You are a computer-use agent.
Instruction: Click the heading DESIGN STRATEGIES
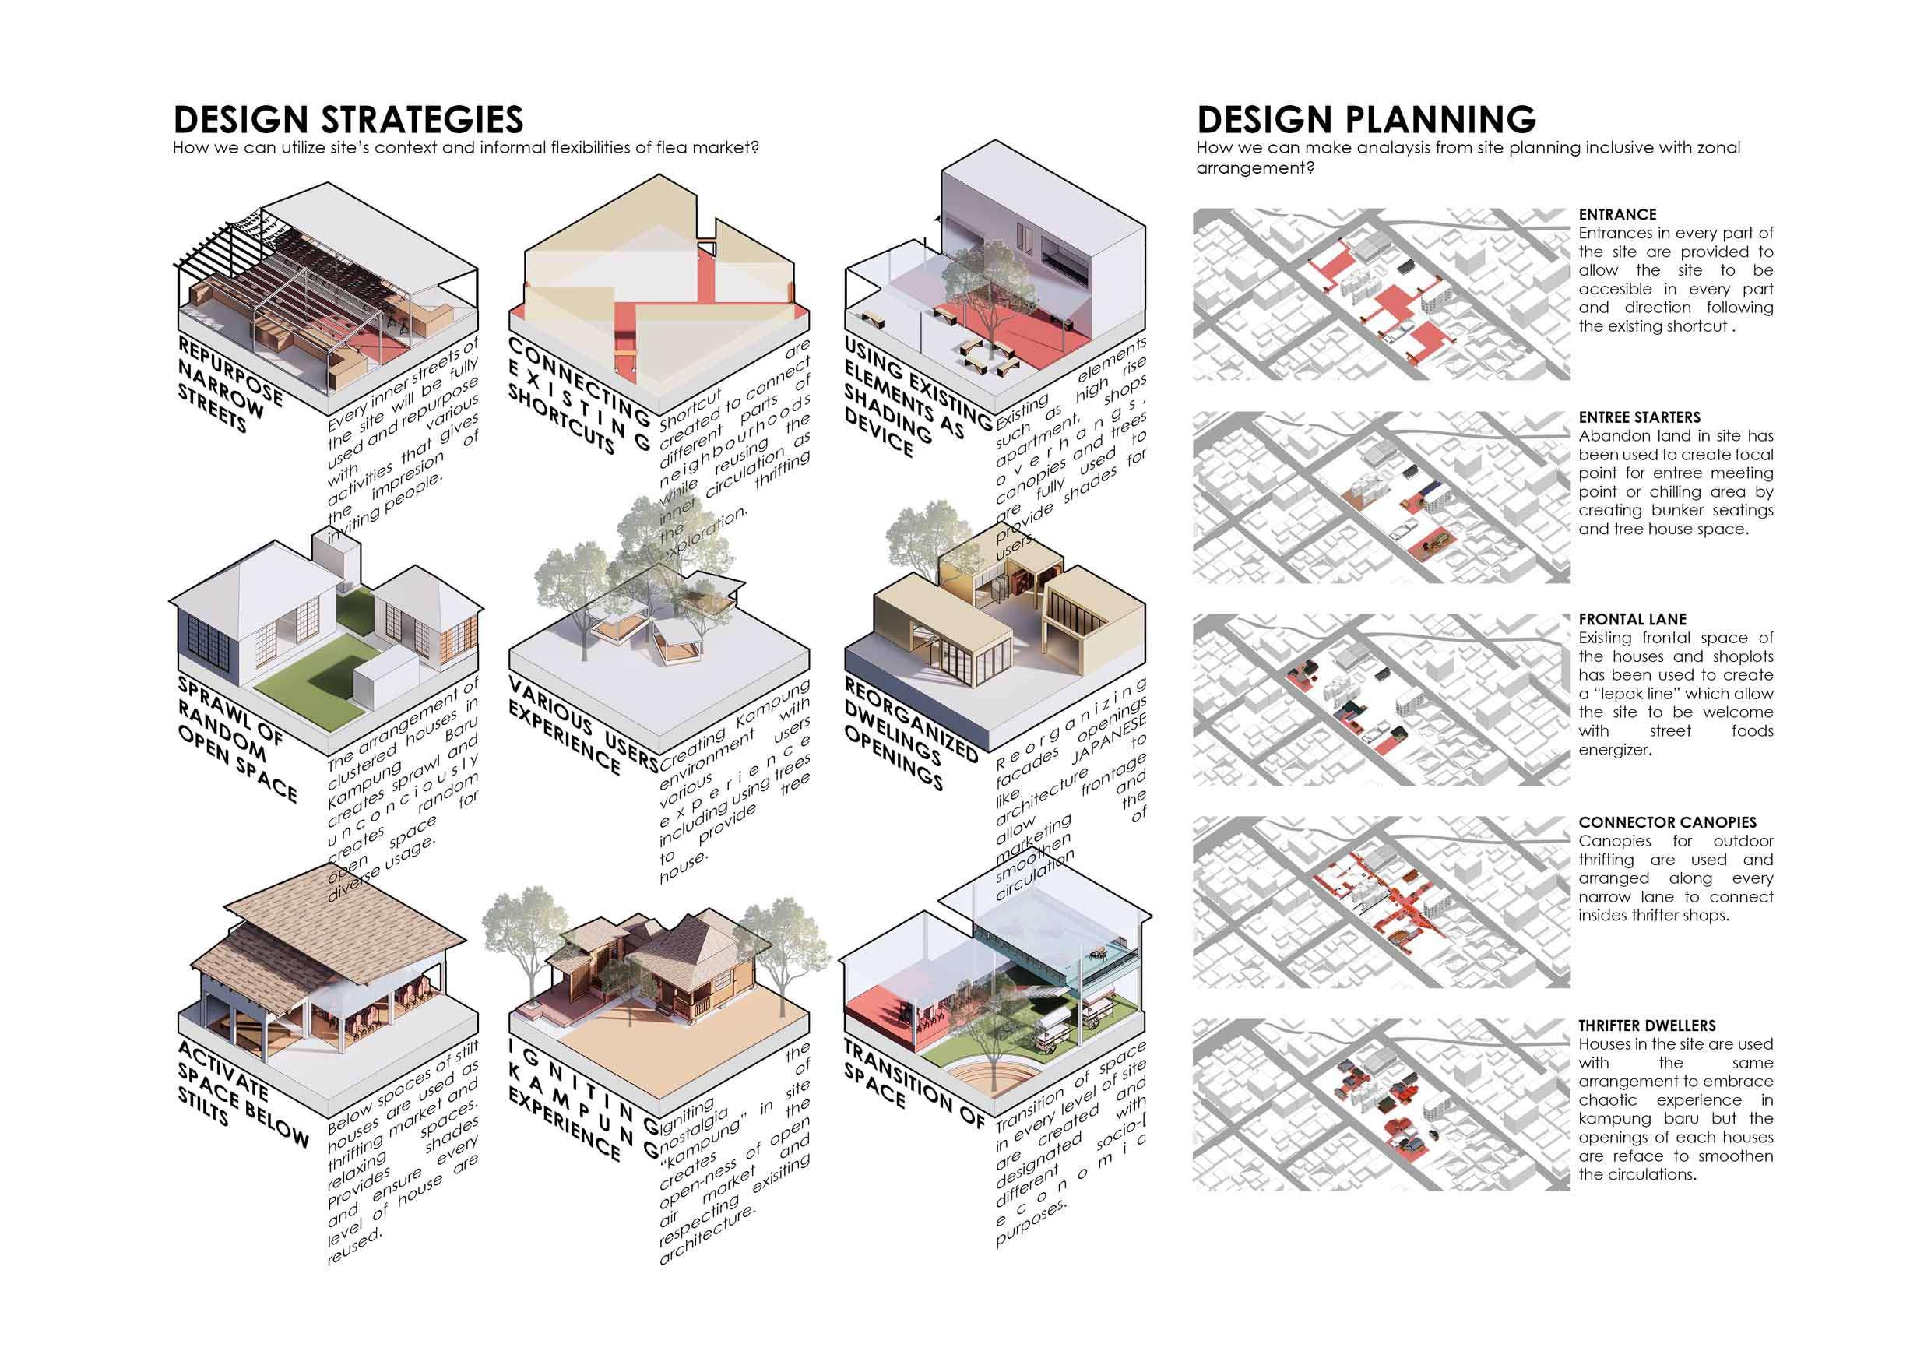coord(348,119)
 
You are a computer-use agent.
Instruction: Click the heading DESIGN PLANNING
coord(1366,119)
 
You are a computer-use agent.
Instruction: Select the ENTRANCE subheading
coord(1617,214)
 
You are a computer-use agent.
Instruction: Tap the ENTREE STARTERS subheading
coord(1639,417)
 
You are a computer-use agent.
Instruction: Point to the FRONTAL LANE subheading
coord(1633,619)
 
